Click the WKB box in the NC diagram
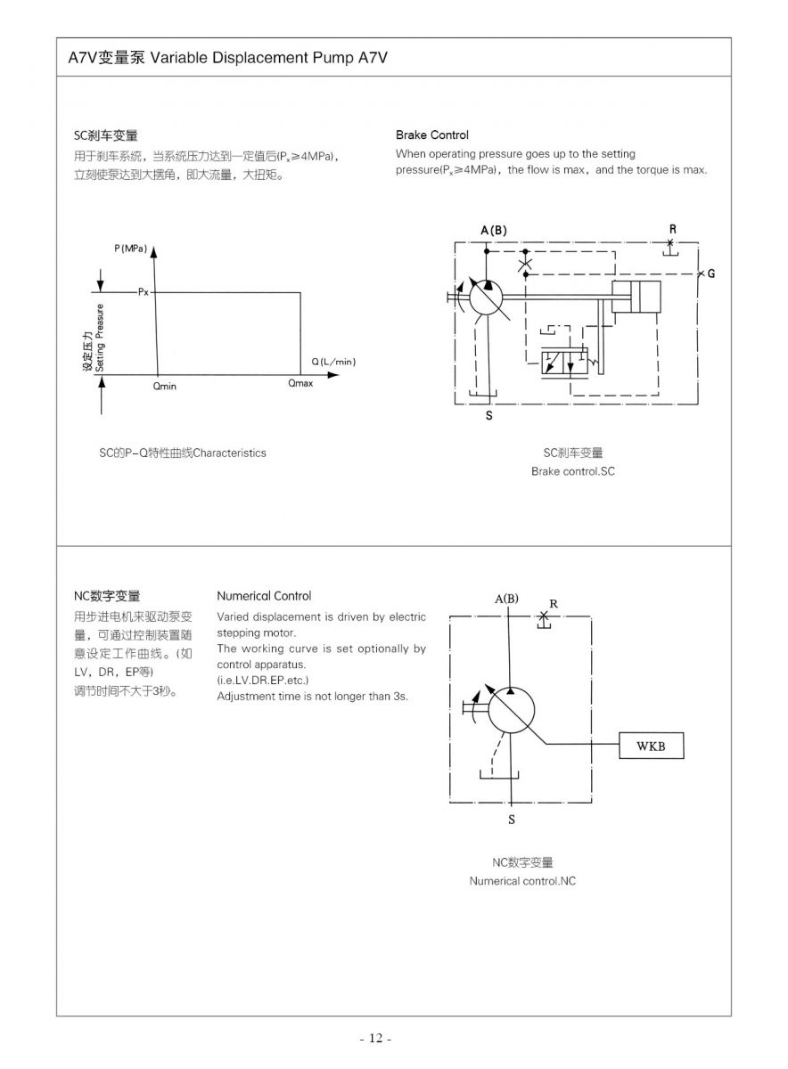(651, 746)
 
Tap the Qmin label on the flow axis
(164, 386)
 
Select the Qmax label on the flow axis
(300, 383)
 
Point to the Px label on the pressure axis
(144, 292)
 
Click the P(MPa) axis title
(130, 249)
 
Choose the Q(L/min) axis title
(333, 362)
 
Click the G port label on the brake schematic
(711, 273)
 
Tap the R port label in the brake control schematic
(672, 230)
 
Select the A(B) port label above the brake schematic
(494, 231)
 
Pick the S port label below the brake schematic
(488, 416)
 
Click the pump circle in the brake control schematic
(486, 297)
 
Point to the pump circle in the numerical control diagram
(512, 711)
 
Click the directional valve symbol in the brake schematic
(564, 362)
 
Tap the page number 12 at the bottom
(376, 1038)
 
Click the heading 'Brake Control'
(432, 135)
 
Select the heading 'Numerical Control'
(264, 596)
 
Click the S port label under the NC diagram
(512, 820)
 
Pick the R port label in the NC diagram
(554, 604)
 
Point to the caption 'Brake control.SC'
(573, 471)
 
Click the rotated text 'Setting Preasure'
(99, 338)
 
